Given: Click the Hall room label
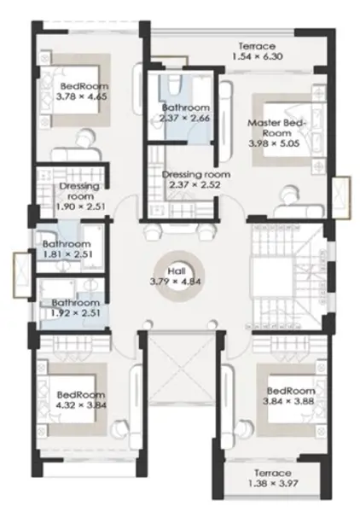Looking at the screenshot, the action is coord(177,271).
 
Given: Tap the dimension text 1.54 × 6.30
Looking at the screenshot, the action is coord(258,56).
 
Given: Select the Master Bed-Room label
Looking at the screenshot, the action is coord(276,128).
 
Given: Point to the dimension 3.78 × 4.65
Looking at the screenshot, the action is coord(82,96).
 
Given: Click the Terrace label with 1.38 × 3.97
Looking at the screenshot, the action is coord(273,473).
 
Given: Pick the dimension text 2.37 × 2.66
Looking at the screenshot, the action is coord(185,118).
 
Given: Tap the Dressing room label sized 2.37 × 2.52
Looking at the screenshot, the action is coord(196,174).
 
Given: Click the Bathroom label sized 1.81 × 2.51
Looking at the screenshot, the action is coord(67,244).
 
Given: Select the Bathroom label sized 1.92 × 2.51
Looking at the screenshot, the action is coord(76,303).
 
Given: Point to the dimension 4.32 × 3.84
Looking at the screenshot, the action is coord(81,405).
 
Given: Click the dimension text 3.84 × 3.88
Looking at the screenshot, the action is coord(288,401).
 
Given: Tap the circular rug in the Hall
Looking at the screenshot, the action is coord(179,262).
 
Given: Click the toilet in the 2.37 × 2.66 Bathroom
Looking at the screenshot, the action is coord(174,84).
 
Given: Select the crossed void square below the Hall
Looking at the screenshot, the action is coord(182,368).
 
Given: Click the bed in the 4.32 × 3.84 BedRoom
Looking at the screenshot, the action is coord(72,399).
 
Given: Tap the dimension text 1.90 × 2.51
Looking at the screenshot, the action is coord(81,207).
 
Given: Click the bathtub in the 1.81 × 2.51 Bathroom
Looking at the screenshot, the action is coord(92,247).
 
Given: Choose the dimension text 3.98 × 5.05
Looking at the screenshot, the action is coord(274,143).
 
